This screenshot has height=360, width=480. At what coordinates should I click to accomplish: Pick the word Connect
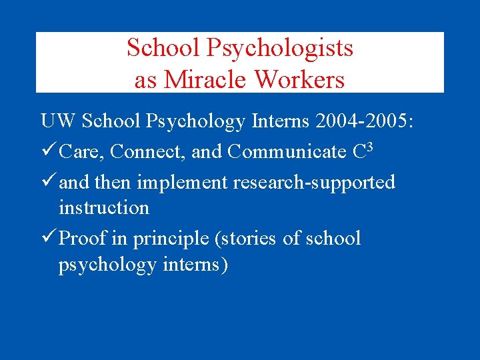click(x=147, y=152)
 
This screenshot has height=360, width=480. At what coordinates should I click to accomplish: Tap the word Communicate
click(x=285, y=152)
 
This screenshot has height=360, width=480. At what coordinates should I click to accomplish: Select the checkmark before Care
click(x=47, y=151)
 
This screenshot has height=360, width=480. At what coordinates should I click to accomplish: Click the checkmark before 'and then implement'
click(x=47, y=181)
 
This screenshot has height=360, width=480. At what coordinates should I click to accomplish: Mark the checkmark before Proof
click(x=47, y=238)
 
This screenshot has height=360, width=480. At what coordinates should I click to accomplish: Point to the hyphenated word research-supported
click(x=313, y=182)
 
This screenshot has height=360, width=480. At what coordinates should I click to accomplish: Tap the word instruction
click(x=103, y=207)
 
